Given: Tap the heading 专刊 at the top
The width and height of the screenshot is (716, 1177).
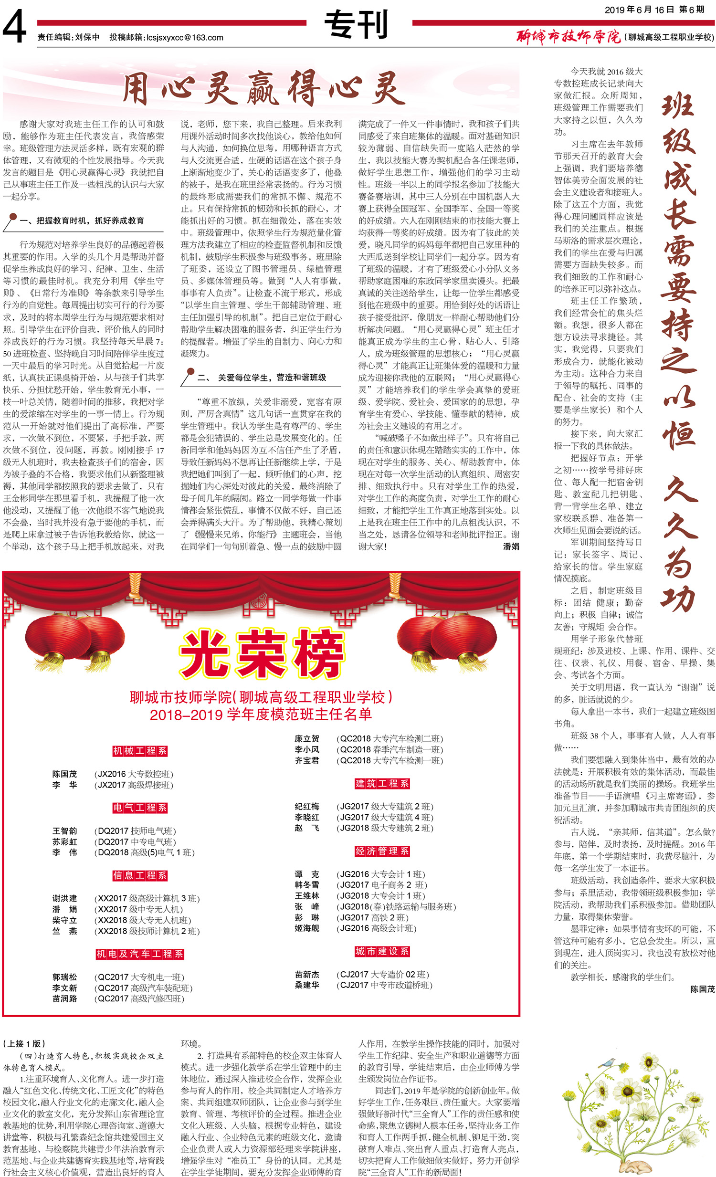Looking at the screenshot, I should coord(356,25).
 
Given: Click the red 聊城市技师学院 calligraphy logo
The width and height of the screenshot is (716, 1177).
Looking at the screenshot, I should coord(568,37).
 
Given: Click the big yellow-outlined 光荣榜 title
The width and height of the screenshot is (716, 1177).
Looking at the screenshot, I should coord(262,654).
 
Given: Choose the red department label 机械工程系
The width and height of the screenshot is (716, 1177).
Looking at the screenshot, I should coord(139,751).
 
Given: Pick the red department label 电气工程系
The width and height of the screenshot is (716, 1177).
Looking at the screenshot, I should coord(139,808).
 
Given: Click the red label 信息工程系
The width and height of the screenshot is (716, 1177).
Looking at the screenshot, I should coord(139,875).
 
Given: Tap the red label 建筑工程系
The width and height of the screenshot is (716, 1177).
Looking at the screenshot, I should coord(382,783).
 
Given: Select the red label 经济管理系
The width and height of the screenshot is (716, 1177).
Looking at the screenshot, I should coord(382,851).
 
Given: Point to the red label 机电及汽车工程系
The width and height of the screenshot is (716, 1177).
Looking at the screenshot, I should coord(139,954).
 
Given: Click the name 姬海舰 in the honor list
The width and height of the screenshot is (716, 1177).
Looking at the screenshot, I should coord(306,928).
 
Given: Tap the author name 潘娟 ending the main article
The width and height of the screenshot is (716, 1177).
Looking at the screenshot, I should coord(511,546).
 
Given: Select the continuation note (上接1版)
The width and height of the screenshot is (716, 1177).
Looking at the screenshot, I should coord(24,1044).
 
